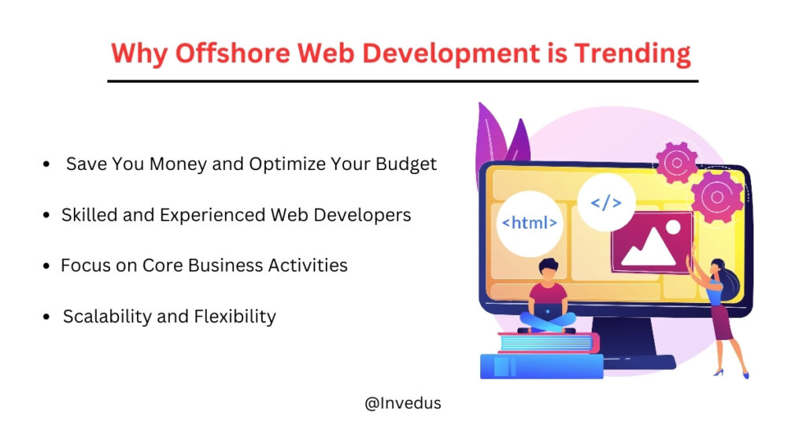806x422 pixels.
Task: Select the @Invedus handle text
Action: coord(403,403)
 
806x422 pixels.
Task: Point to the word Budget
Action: coord(404,164)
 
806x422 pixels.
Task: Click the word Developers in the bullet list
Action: coord(365,214)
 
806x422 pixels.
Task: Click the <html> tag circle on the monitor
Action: coord(530,223)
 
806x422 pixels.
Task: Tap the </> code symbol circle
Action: coord(605,203)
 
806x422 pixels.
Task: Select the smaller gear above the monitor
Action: coord(676,162)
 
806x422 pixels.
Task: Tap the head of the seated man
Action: coord(548,270)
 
